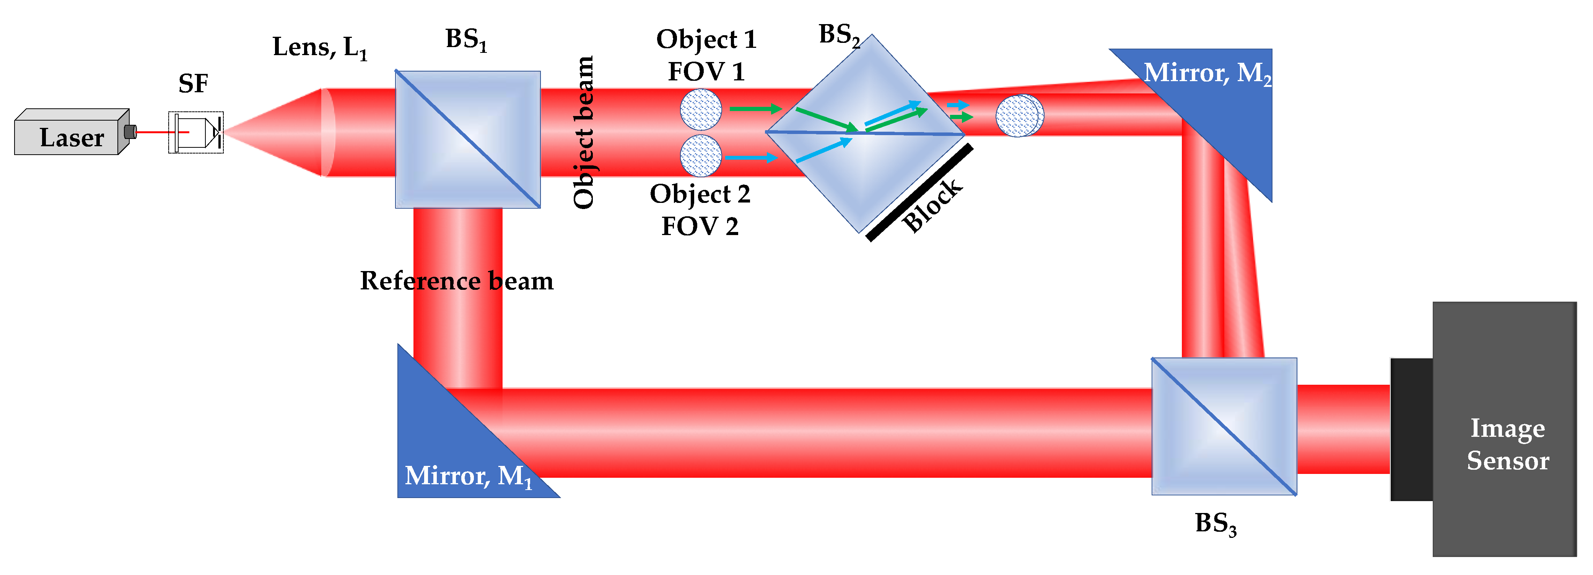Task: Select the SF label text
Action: coord(193,83)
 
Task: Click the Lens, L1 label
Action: coord(319,47)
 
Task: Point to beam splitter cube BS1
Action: coord(467,139)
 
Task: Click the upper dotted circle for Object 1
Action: coord(701,109)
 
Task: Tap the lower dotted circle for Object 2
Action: coord(701,155)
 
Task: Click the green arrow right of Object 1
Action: coord(755,109)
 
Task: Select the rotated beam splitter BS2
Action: coord(866,133)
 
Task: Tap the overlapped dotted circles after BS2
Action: coord(1019,115)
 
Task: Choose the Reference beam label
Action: coord(456,281)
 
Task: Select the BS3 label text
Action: coord(1215,524)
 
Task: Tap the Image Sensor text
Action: coord(1508,444)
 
